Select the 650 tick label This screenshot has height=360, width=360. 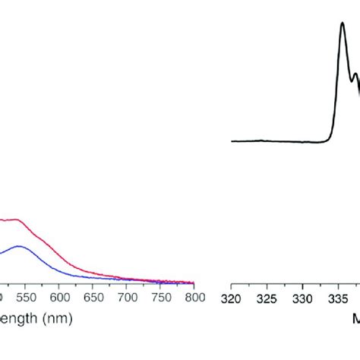click(x=94, y=298)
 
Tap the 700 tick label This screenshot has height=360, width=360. click(x=128, y=298)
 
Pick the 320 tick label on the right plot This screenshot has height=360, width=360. click(x=232, y=298)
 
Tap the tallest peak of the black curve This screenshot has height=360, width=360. click(x=343, y=23)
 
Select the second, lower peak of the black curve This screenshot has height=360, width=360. click(x=355, y=74)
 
